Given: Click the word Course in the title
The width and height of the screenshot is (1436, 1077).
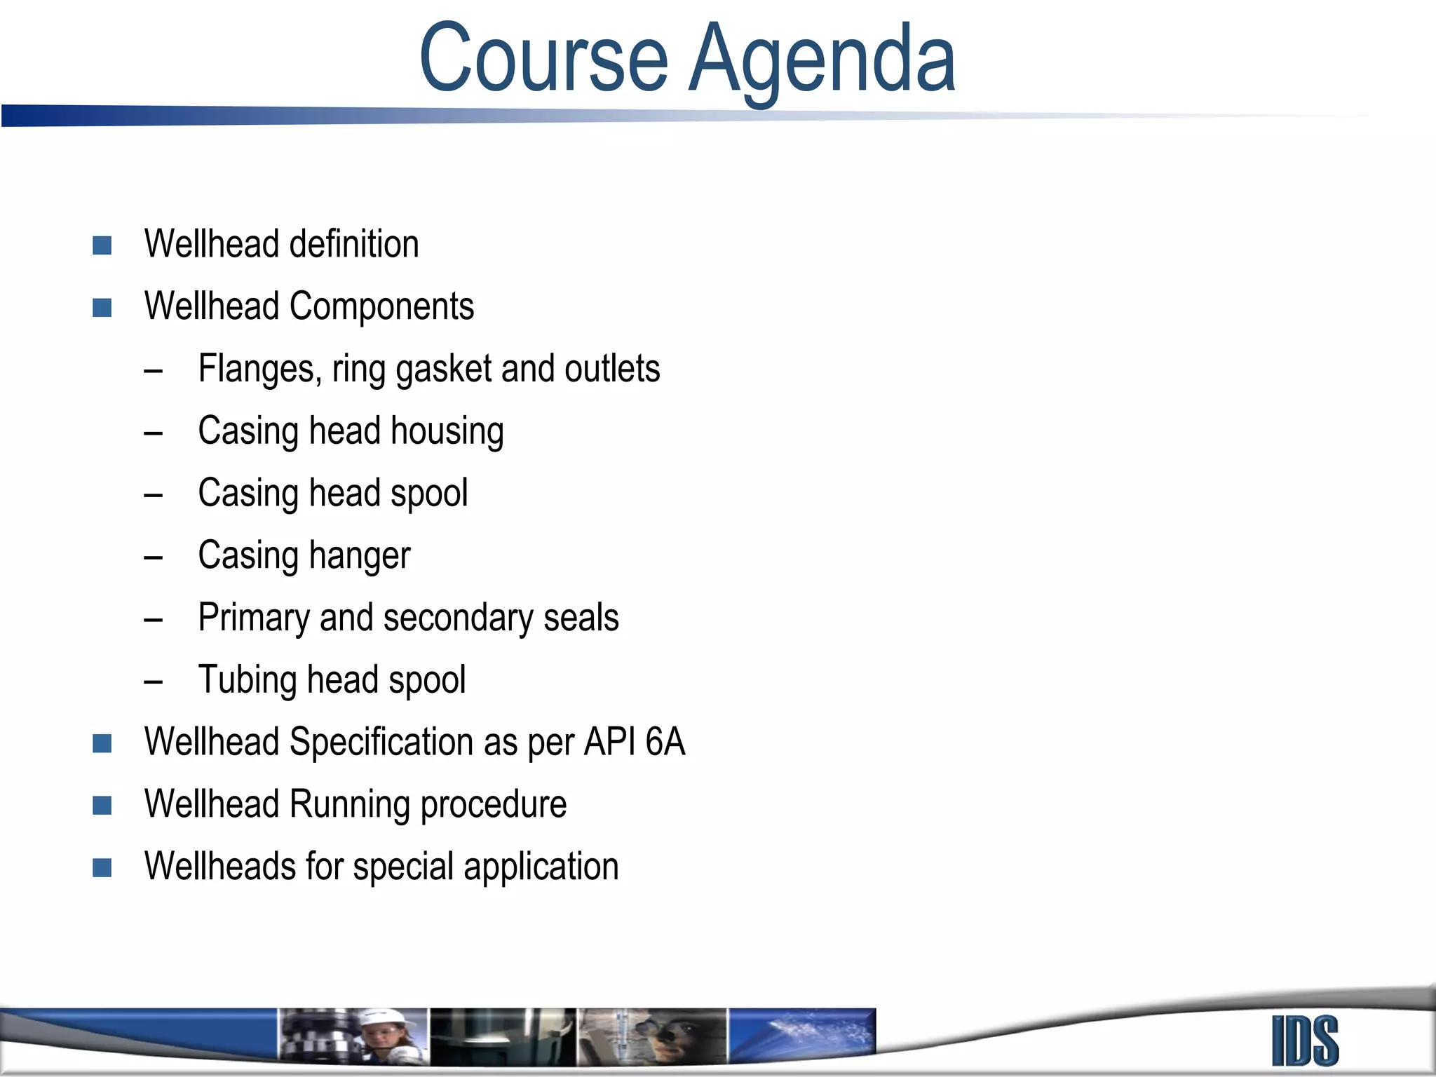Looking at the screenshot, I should tap(543, 59).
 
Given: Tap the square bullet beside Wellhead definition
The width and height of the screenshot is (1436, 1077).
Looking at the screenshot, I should tap(102, 245).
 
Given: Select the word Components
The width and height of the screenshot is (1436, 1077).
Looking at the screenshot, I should tap(381, 307).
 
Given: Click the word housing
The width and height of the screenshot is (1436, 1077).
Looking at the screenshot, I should tap(447, 431).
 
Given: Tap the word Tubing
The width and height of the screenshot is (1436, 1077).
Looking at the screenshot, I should tap(248, 681).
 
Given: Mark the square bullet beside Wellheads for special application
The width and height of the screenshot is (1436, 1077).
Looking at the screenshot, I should tap(102, 868).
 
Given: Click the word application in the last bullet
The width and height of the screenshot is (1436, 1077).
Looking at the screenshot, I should tap(541, 867).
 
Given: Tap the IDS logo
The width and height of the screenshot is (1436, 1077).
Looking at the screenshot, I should tap(1305, 1041).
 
